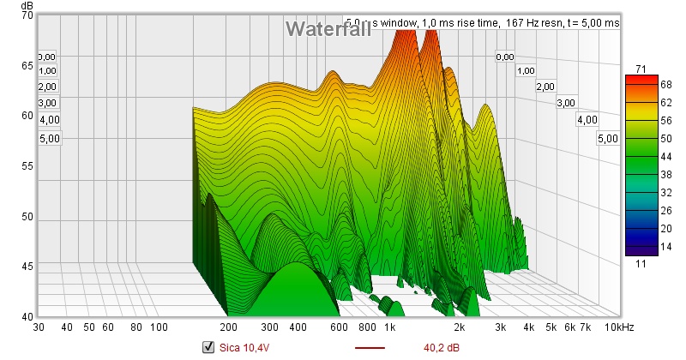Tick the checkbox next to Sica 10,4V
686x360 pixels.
click(x=207, y=347)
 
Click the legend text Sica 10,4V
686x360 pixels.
click(x=244, y=347)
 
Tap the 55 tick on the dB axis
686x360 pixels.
click(x=27, y=165)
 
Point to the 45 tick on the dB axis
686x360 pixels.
click(x=27, y=267)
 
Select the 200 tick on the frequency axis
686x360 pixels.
click(x=229, y=328)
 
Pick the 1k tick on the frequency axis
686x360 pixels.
click(x=389, y=328)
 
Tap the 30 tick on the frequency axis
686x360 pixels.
click(x=39, y=328)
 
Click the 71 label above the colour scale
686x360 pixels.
click(x=640, y=69)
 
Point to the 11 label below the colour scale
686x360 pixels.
click(x=640, y=265)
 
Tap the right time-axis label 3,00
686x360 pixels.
click(x=566, y=103)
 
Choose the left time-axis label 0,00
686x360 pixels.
click(x=47, y=56)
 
